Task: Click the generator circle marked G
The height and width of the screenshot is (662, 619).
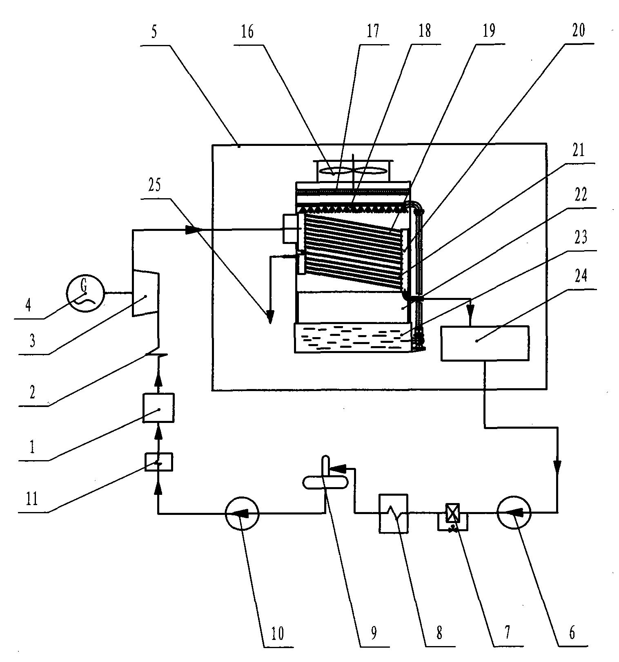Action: click(86, 294)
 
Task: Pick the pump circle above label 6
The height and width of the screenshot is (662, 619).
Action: click(514, 512)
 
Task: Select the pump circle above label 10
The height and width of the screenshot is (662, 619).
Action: click(242, 514)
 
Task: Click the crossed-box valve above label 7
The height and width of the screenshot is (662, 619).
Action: click(451, 512)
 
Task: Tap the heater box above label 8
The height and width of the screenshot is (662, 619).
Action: click(393, 513)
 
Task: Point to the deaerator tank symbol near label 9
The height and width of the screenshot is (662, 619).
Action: click(325, 481)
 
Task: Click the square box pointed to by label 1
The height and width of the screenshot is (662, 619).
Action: click(158, 408)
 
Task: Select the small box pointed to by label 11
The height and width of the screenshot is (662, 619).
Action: click(159, 462)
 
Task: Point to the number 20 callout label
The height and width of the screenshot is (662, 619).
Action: click(578, 31)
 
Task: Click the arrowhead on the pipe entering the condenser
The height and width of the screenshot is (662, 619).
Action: click(193, 230)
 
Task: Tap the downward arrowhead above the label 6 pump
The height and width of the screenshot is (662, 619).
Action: click(557, 466)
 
